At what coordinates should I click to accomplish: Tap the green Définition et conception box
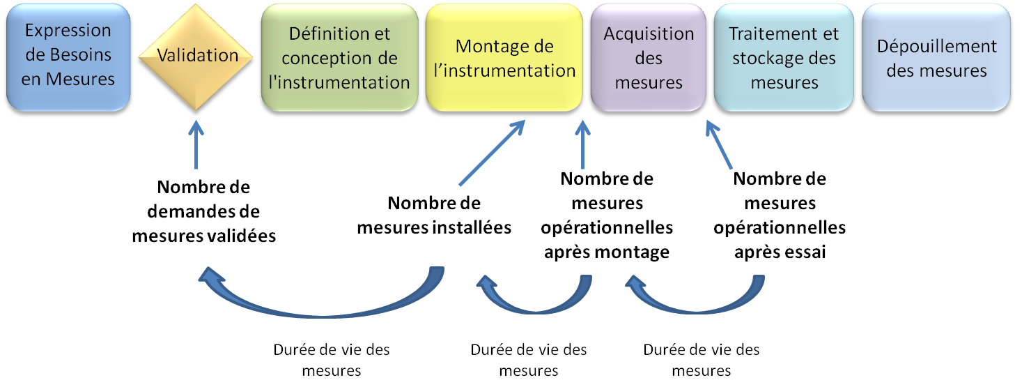[x=339, y=57]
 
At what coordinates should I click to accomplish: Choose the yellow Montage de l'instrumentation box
[x=504, y=57]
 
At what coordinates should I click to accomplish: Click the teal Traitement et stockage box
[x=783, y=57]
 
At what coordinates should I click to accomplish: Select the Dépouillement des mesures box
[x=936, y=57]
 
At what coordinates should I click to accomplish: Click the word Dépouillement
[x=936, y=46]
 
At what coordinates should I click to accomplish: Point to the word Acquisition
[x=649, y=33]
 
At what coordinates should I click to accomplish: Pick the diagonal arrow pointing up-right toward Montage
[x=491, y=153]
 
